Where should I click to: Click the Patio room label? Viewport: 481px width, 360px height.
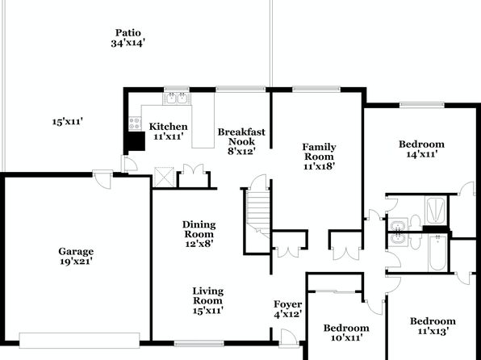click(128, 32)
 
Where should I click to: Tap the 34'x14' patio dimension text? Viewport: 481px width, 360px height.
click(128, 43)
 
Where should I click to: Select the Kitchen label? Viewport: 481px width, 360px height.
click(168, 127)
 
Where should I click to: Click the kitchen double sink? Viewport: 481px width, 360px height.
click(177, 98)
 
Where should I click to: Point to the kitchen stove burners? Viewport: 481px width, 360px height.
click(135, 123)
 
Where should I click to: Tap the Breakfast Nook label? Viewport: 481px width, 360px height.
click(241, 136)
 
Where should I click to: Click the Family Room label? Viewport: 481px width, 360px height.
click(319, 152)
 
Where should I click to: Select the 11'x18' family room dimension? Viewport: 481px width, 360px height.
click(319, 166)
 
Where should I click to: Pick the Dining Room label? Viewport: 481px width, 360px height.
click(199, 229)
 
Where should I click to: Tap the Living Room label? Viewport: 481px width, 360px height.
click(207, 296)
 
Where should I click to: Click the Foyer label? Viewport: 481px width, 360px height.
click(288, 304)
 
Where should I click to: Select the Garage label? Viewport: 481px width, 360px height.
click(76, 251)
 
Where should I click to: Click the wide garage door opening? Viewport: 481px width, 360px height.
click(79, 341)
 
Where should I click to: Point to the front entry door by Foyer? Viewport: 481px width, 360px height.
click(289, 338)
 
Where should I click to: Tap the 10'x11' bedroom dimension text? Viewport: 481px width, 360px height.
click(347, 338)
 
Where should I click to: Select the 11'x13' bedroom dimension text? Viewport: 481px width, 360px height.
click(433, 331)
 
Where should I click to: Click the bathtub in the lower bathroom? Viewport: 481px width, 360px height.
click(437, 253)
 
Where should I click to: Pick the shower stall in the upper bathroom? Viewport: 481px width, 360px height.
click(436, 210)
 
